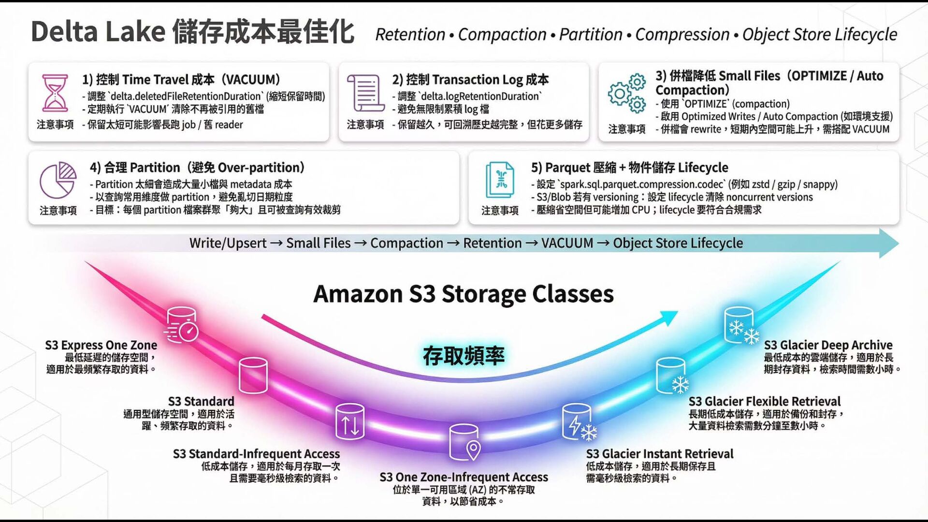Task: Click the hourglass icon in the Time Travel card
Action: pos(55,93)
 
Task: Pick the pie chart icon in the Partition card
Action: pos(58,180)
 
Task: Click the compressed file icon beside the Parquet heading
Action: pos(500,180)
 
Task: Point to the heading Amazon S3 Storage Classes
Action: pos(464,294)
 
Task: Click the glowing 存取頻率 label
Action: pos(464,356)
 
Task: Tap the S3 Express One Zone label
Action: pos(101,345)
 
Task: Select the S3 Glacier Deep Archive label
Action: pos(828,345)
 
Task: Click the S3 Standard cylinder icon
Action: pos(253,375)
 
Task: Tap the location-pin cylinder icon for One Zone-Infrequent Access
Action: pos(464,442)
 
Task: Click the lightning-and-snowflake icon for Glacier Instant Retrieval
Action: pos(578,422)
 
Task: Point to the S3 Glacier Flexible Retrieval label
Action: pos(764,402)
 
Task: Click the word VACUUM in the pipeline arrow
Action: pos(567,243)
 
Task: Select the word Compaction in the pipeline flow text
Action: pos(406,243)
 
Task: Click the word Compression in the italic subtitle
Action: pos(682,35)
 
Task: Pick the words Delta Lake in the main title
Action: pos(98,32)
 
